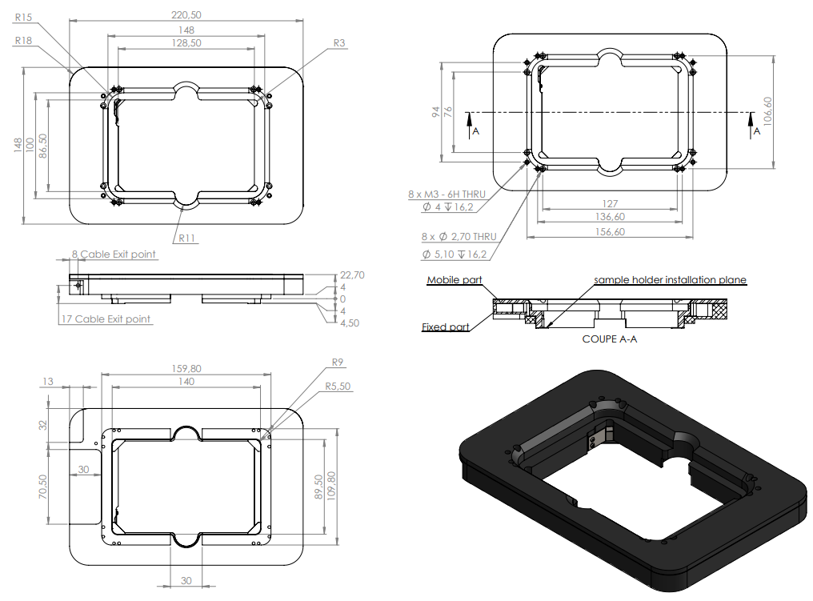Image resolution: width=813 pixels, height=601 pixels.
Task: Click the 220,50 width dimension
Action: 185,14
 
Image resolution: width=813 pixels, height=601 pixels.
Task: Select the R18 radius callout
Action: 23,39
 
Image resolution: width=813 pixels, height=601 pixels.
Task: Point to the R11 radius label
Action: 187,238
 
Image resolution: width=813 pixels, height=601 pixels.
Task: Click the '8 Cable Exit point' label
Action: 114,254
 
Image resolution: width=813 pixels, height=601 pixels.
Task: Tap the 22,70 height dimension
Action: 352,275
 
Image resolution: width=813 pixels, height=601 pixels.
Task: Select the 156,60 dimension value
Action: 609,231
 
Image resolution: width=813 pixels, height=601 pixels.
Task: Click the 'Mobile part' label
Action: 454,280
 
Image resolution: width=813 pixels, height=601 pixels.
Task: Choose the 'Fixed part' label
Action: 445,327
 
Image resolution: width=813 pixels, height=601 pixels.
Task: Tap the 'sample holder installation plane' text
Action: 670,280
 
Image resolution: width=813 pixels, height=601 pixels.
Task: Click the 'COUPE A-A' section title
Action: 614,339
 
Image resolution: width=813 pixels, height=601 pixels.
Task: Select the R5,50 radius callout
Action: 337,386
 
